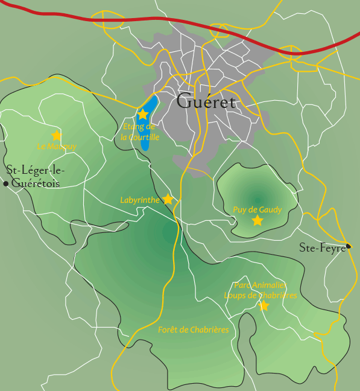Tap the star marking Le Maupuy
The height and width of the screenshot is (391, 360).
click(x=57, y=135)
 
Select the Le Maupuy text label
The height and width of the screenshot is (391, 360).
click(x=57, y=146)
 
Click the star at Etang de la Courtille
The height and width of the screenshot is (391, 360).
click(x=143, y=114)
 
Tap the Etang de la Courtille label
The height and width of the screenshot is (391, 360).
click(x=139, y=132)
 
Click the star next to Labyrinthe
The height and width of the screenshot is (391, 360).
click(x=168, y=199)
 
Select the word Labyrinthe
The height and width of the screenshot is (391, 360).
click(x=140, y=200)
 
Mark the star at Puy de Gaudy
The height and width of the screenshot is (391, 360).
click(x=257, y=220)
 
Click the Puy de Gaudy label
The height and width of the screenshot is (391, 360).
click(x=257, y=209)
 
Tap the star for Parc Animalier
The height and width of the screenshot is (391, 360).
click(x=264, y=306)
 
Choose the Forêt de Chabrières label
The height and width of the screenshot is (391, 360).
click(x=194, y=330)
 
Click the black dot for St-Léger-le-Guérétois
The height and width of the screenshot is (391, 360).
click(x=6, y=183)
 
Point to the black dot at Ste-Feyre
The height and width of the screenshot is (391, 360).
click(x=349, y=246)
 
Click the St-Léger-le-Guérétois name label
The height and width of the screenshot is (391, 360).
click(x=34, y=177)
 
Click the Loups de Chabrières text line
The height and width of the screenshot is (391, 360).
click(x=261, y=295)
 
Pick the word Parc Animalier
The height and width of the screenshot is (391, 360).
click(x=260, y=285)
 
